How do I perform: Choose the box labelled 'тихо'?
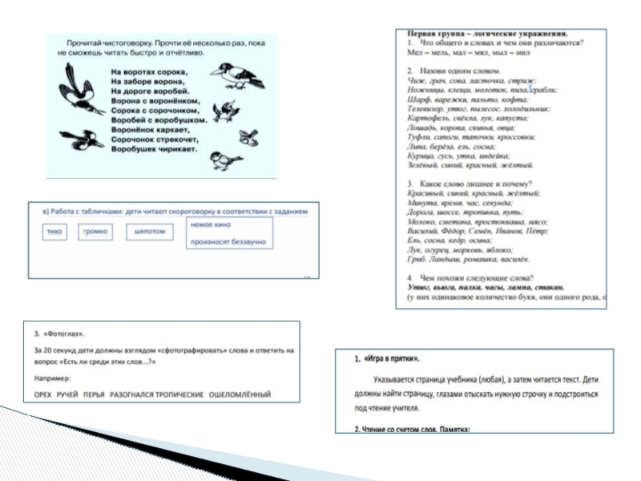click(x=54, y=232)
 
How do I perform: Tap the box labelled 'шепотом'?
click(x=149, y=232)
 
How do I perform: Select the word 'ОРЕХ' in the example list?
click(x=45, y=394)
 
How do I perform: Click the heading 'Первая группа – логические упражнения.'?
click(x=488, y=34)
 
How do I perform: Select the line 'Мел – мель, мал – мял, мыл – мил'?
click(x=469, y=52)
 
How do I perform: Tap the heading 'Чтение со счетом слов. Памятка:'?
click(x=415, y=429)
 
